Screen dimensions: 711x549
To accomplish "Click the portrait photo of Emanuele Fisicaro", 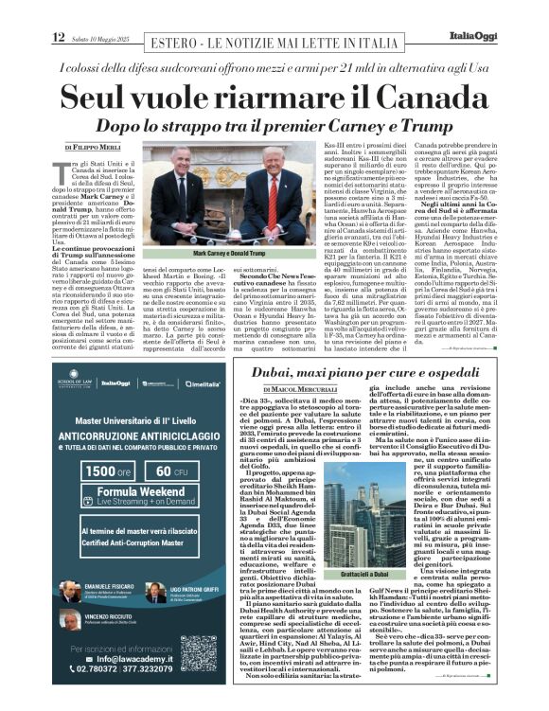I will point(71,591).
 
